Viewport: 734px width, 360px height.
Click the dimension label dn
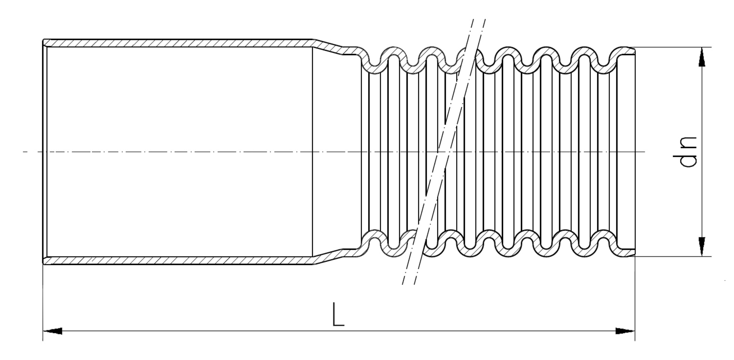pos(685,152)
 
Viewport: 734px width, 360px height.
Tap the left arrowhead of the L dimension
pos(52,331)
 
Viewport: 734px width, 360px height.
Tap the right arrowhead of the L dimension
pos(625,331)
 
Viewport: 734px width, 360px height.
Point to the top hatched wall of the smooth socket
pos(180,43)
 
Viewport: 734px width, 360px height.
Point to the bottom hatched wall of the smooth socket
pos(180,260)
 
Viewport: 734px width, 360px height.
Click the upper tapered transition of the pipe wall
pos(328,47)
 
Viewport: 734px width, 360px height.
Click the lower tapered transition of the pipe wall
pos(328,256)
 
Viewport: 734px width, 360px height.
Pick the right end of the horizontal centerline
pos(644,152)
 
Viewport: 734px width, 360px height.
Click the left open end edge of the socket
pos(44,152)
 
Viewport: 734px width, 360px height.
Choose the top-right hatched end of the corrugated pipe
pos(626,51)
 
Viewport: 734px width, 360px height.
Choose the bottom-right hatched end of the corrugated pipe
pos(626,252)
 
